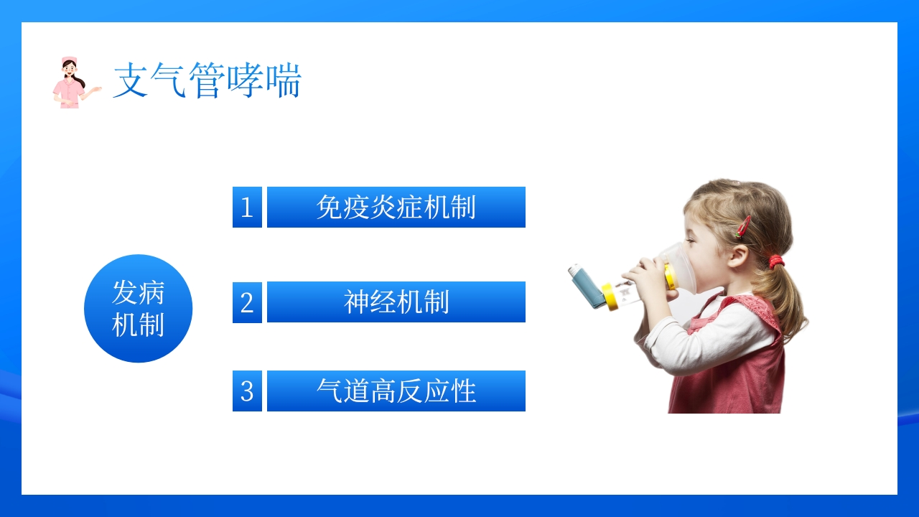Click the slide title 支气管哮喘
pos(207,80)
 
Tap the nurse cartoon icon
pos(76,83)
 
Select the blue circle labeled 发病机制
pos(139,309)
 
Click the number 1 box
pos(247,208)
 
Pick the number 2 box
pos(247,302)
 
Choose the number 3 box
pos(247,391)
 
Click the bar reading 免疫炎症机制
pos(396,208)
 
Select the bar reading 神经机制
pos(396,302)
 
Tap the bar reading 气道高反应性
pos(396,391)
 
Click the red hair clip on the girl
pos(743,227)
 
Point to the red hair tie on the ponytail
pos(775,261)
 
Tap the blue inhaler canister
pos(586,286)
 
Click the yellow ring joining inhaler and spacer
pos(609,297)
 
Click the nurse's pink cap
pos(69,61)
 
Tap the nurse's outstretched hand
pos(97,90)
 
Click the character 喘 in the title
pos(284,80)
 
